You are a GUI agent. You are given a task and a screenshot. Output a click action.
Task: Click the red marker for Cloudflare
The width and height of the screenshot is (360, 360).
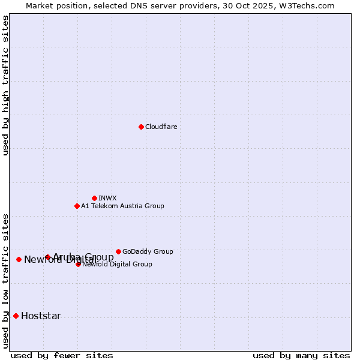(x=141, y=127)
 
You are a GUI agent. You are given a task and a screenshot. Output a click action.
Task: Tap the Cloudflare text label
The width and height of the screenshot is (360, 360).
(x=161, y=127)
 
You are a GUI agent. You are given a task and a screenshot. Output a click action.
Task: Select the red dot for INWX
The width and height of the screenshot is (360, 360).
(x=94, y=198)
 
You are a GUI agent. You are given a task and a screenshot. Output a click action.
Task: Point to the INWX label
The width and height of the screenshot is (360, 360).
(x=107, y=198)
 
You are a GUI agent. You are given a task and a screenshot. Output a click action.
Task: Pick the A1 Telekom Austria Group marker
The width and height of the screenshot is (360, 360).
(x=77, y=206)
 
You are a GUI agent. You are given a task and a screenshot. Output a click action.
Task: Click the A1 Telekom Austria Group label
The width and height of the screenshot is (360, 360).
(x=122, y=206)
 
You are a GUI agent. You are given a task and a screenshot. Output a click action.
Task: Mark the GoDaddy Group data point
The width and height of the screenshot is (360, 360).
(x=118, y=251)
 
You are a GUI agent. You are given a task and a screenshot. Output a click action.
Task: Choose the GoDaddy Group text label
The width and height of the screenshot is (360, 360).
(x=148, y=251)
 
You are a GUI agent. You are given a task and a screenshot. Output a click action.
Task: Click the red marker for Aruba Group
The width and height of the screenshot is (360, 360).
(x=47, y=257)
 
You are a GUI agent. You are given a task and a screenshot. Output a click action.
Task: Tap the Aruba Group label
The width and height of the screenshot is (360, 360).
(x=83, y=257)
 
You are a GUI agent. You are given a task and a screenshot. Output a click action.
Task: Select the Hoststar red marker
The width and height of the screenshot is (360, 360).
(x=16, y=316)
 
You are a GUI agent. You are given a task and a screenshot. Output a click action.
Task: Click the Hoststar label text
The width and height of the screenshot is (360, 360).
(x=41, y=316)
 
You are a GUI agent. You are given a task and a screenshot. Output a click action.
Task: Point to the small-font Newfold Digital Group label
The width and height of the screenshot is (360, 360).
(x=117, y=264)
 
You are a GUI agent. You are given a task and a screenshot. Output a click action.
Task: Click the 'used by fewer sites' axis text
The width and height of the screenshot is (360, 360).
(x=62, y=355)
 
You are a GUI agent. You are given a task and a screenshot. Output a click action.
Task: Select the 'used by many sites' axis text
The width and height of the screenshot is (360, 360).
(x=301, y=355)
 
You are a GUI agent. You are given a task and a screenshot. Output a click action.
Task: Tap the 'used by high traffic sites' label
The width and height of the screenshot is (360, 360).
(x=5, y=85)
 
